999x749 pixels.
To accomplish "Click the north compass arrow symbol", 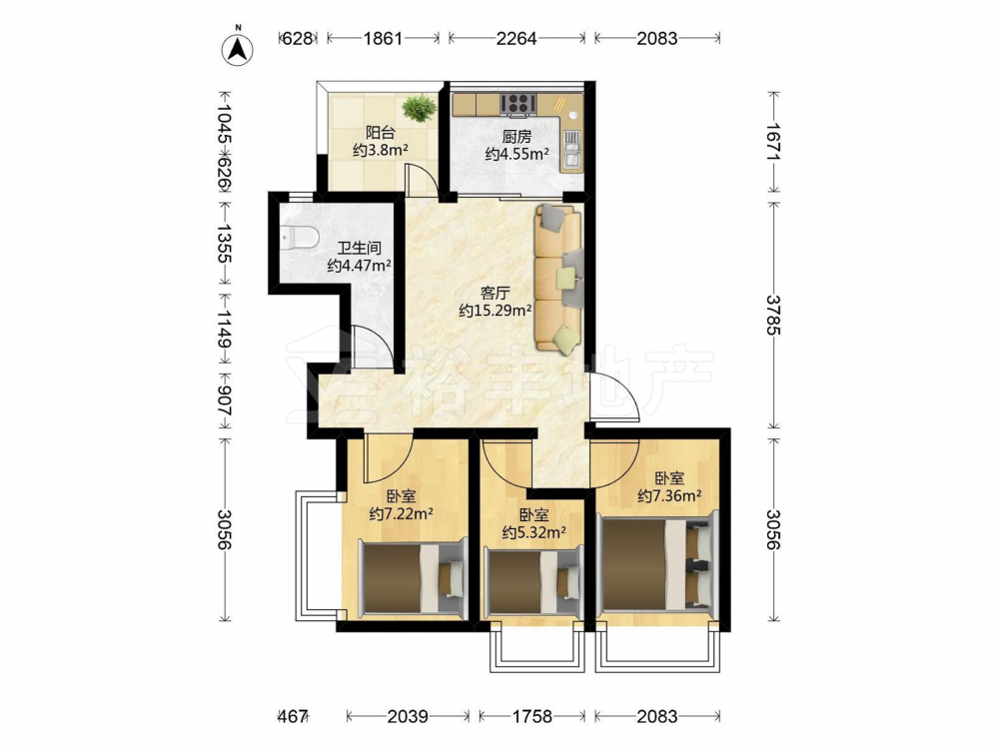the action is click(238, 47).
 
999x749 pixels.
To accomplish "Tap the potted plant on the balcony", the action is click(420, 108).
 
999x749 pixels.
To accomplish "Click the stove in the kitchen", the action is click(517, 104).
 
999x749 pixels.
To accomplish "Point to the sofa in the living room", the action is click(559, 278).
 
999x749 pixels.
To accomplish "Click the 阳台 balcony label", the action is click(381, 133).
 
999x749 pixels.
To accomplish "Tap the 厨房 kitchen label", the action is click(516, 136).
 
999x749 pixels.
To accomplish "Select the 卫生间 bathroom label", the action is click(359, 248).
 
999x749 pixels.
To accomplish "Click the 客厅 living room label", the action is click(496, 293).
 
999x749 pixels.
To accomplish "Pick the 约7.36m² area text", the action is click(669, 495).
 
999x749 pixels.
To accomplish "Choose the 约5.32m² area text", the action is click(533, 532).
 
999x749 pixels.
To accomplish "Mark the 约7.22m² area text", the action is click(402, 512).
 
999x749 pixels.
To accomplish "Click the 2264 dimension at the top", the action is click(516, 38).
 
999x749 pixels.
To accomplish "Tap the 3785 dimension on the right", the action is click(773, 315).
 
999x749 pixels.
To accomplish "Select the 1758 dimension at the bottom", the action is click(532, 716).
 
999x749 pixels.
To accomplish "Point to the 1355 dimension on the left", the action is click(224, 243).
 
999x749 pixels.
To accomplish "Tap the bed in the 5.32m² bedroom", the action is click(533, 581).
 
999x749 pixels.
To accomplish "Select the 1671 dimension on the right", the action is click(773, 142).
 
